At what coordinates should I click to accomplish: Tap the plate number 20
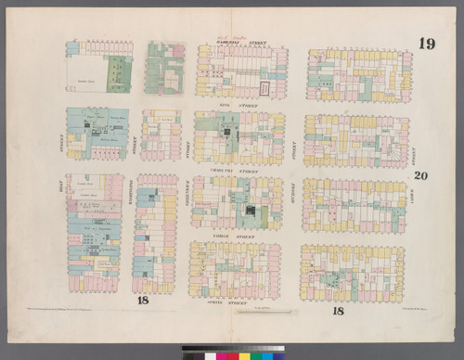pos(420,175)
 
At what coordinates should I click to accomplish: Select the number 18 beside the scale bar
pos(338,311)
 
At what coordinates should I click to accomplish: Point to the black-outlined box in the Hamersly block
pos(265,88)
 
